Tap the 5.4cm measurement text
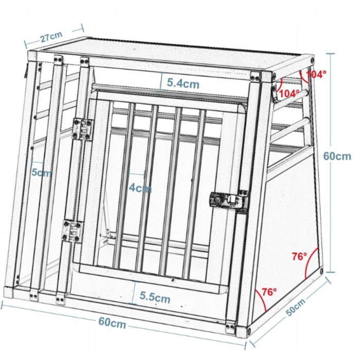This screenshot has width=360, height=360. [183, 83]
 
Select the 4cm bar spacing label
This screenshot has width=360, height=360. [140, 188]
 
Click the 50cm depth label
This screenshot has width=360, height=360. [296, 307]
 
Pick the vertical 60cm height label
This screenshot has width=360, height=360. [337, 156]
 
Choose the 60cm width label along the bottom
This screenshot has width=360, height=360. [112, 322]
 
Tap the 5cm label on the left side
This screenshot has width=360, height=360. [42, 172]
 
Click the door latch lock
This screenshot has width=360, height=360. [229, 200]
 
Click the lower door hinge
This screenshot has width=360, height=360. [73, 231]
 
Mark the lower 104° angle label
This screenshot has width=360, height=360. [289, 93]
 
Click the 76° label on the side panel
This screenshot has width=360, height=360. [299, 256]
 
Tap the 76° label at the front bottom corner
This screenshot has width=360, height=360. [269, 292]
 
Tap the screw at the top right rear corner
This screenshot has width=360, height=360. [313, 60]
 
